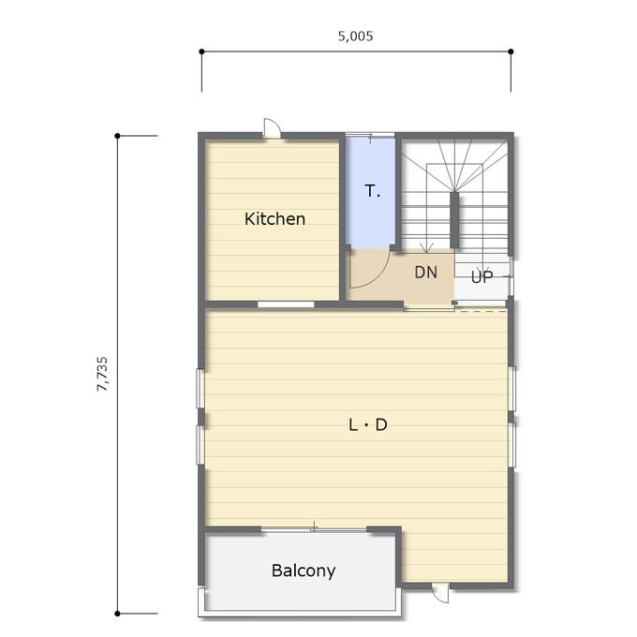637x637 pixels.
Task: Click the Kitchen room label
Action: click(x=274, y=219)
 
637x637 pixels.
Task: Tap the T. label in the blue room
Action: click(x=373, y=190)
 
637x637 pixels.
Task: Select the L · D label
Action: click(x=368, y=424)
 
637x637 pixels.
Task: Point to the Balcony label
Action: click(x=304, y=571)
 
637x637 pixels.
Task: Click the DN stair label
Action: click(x=425, y=273)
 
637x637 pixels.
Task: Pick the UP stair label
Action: click(x=481, y=276)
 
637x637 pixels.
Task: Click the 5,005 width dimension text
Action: click(x=355, y=37)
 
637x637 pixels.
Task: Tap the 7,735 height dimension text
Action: click(x=102, y=374)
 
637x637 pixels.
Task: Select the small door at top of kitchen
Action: click(x=272, y=127)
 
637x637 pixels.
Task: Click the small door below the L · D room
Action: click(x=440, y=593)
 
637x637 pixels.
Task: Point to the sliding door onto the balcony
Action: click(x=314, y=528)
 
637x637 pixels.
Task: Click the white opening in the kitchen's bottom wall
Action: click(x=286, y=304)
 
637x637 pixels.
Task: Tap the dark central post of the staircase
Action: click(x=454, y=220)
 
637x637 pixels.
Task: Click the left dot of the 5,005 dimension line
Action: click(x=202, y=52)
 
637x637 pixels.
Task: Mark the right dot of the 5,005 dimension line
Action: click(x=511, y=52)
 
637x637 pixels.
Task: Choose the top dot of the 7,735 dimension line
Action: click(x=117, y=136)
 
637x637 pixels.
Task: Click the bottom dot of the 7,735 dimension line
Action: click(x=117, y=614)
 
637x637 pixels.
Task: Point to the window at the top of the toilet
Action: click(x=370, y=135)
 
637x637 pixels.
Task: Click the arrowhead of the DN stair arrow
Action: click(x=425, y=248)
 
